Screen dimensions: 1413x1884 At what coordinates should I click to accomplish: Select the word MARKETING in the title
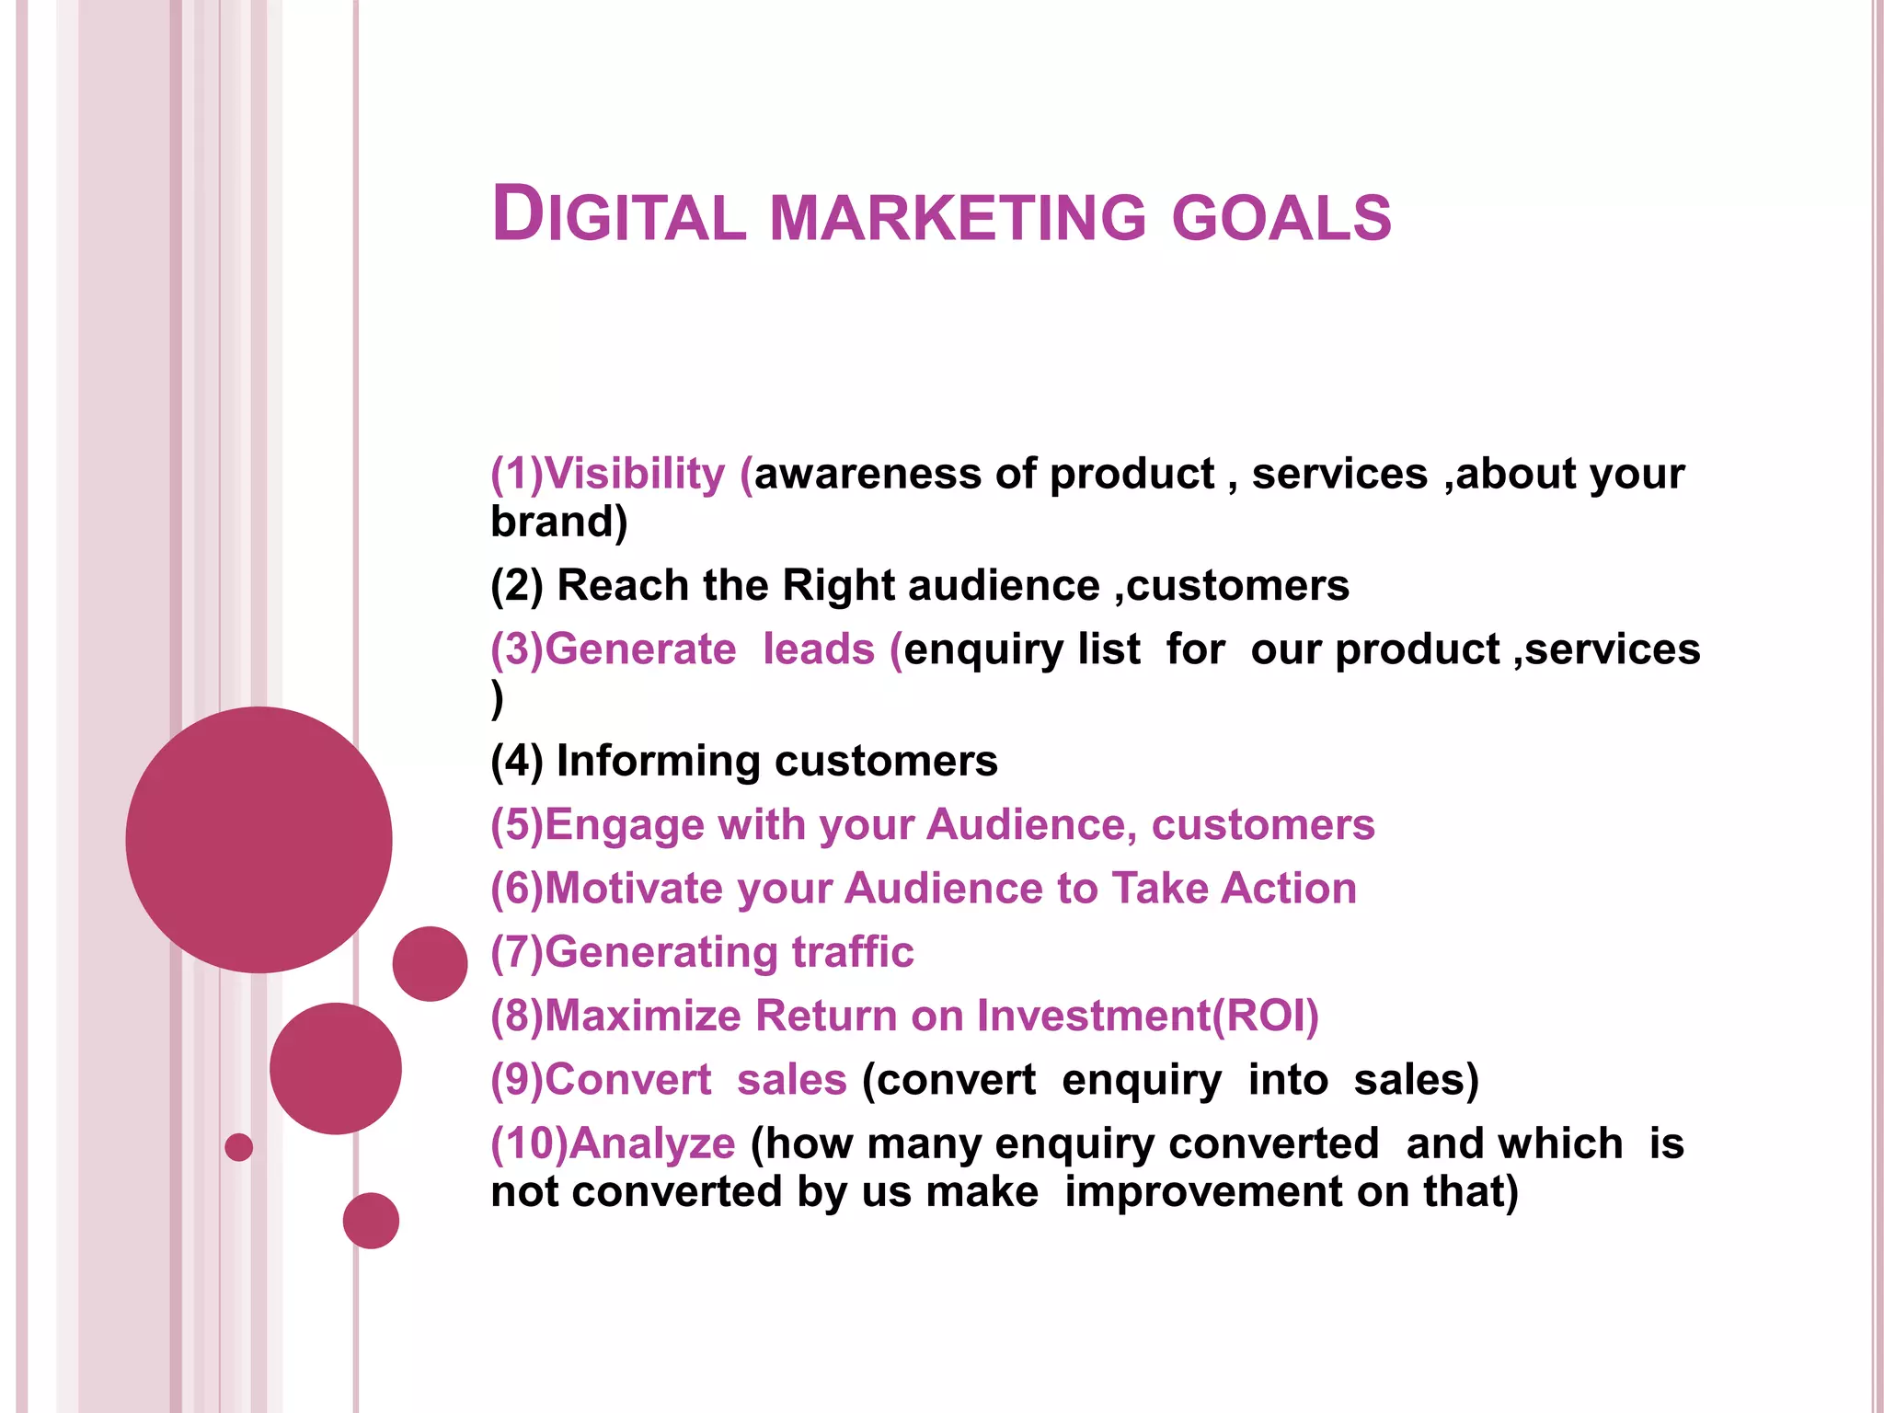click(x=958, y=218)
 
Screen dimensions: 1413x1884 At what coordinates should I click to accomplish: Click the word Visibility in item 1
click(x=635, y=475)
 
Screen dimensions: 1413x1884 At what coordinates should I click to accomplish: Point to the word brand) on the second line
click(x=558, y=523)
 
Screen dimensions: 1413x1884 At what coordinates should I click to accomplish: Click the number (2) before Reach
click(x=517, y=586)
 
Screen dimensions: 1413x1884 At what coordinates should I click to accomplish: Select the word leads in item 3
click(x=818, y=649)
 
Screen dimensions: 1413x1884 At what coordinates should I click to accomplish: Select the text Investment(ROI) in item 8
click(x=1147, y=1016)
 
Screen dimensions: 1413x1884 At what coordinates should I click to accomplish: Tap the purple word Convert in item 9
click(x=628, y=1080)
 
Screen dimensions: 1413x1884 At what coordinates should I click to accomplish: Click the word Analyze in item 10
click(x=651, y=1143)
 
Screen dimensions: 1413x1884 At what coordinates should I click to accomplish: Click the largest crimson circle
click(x=258, y=839)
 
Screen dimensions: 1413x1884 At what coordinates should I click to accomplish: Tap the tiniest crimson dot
click(x=238, y=1147)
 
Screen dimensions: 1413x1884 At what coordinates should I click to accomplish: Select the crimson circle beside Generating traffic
click(x=430, y=963)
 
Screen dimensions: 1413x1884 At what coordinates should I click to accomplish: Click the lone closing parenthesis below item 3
click(x=498, y=699)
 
